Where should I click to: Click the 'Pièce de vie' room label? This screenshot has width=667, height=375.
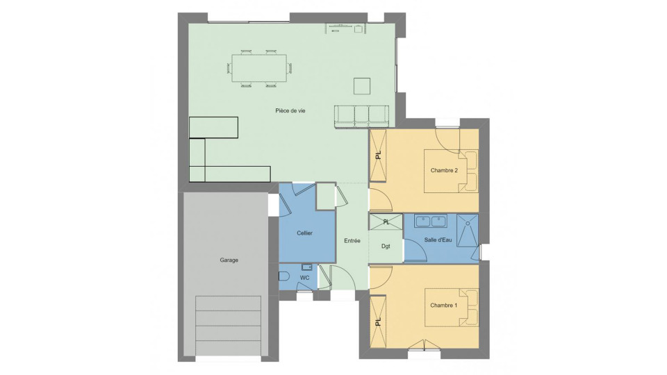(x=290, y=110)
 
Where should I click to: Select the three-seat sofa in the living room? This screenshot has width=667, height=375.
(x=361, y=117)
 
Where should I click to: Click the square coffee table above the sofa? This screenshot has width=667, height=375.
(x=361, y=86)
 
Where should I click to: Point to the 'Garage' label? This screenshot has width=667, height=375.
(x=229, y=260)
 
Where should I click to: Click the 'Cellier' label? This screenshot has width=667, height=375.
(x=304, y=233)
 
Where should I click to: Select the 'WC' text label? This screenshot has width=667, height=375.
(x=304, y=278)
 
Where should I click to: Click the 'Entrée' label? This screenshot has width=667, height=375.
(x=352, y=241)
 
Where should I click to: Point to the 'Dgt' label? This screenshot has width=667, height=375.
(x=386, y=246)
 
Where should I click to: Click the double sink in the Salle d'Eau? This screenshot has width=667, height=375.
(x=431, y=222)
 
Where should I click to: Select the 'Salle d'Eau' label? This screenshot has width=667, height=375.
(x=438, y=240)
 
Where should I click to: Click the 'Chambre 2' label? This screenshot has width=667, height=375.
(x=444, y=171)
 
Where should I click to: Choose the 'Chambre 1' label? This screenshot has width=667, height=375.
(x=444, y=306)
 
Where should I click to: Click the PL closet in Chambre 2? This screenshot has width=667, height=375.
(x=378, y=156)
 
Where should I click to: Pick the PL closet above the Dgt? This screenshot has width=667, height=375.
(x=386, y=222)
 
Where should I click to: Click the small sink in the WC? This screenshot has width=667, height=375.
(x=306, y=267)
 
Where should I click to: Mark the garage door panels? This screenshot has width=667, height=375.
(x=228, y=326)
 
